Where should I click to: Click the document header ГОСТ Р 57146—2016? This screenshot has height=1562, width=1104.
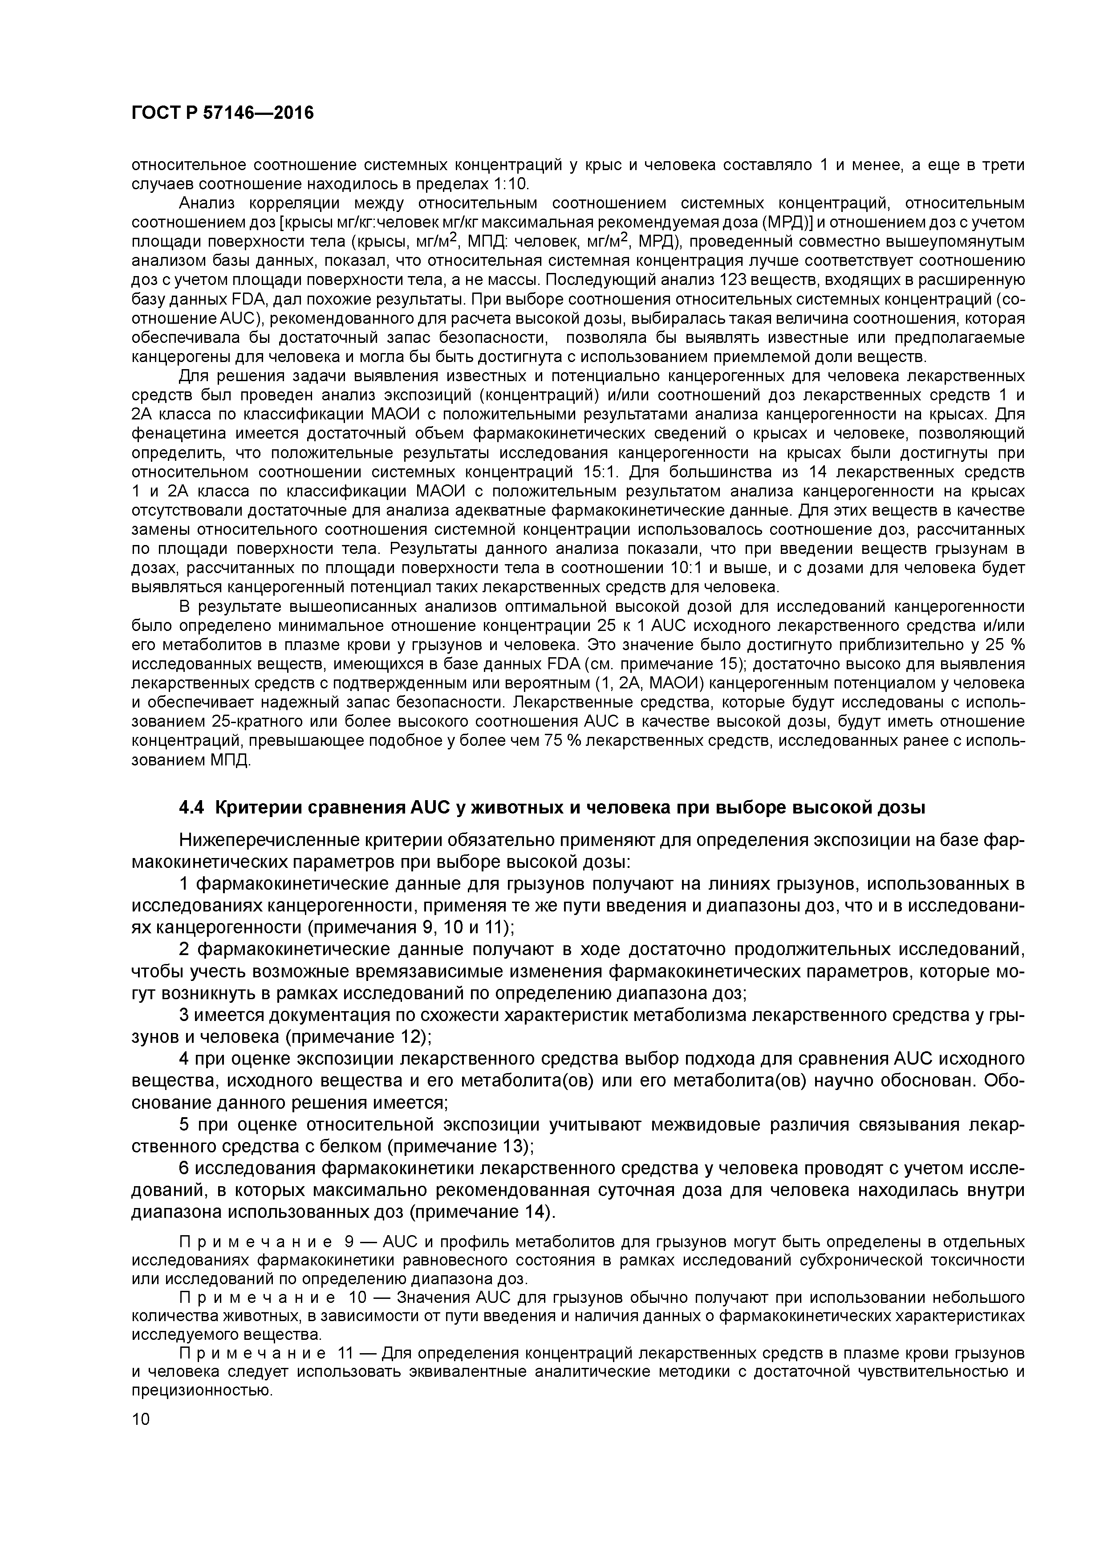coord(223,114)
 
